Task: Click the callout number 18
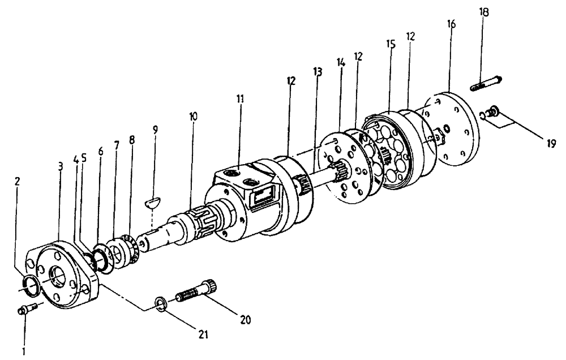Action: (484, 12)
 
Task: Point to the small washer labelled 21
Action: (160, 304)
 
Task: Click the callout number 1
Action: (24, 351)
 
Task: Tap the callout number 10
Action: (194, 117)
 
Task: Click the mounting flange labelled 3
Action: (65, 275)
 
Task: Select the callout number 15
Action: (390, 43)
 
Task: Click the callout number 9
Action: (155, 130)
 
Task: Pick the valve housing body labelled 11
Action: (249, 204)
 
